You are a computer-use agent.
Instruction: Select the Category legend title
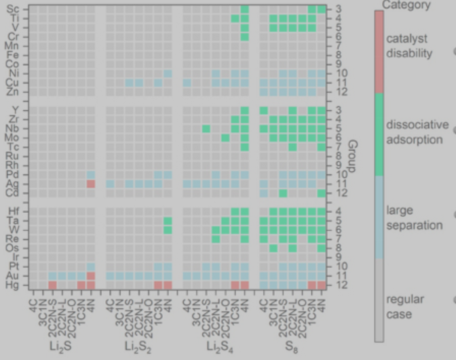pos(406,5)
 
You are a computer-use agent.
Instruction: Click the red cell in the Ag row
pos(91,184)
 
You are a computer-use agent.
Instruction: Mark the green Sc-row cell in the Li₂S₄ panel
pos(245,9)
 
